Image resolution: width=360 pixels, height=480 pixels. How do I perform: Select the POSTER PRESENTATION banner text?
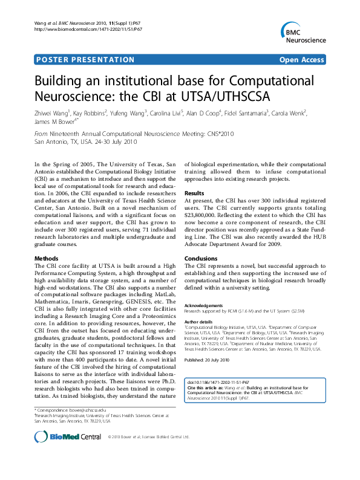click(85, 60)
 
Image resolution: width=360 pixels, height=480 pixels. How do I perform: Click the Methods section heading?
click(47, 258)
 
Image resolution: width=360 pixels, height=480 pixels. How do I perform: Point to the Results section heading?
click(195, 192)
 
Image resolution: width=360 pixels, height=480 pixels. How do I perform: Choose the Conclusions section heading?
click(201, 258)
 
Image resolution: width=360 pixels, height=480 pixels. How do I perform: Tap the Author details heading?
click(199, 321)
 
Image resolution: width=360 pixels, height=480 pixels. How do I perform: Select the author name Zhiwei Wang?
click(51, 112)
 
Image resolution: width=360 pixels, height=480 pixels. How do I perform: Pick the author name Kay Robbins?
click(91, 112)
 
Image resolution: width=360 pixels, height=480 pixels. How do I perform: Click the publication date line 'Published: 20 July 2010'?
click(208, 360)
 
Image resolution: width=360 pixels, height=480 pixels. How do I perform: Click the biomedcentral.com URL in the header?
click(88, 28)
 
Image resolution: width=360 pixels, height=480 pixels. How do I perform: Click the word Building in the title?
click(62, 82)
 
